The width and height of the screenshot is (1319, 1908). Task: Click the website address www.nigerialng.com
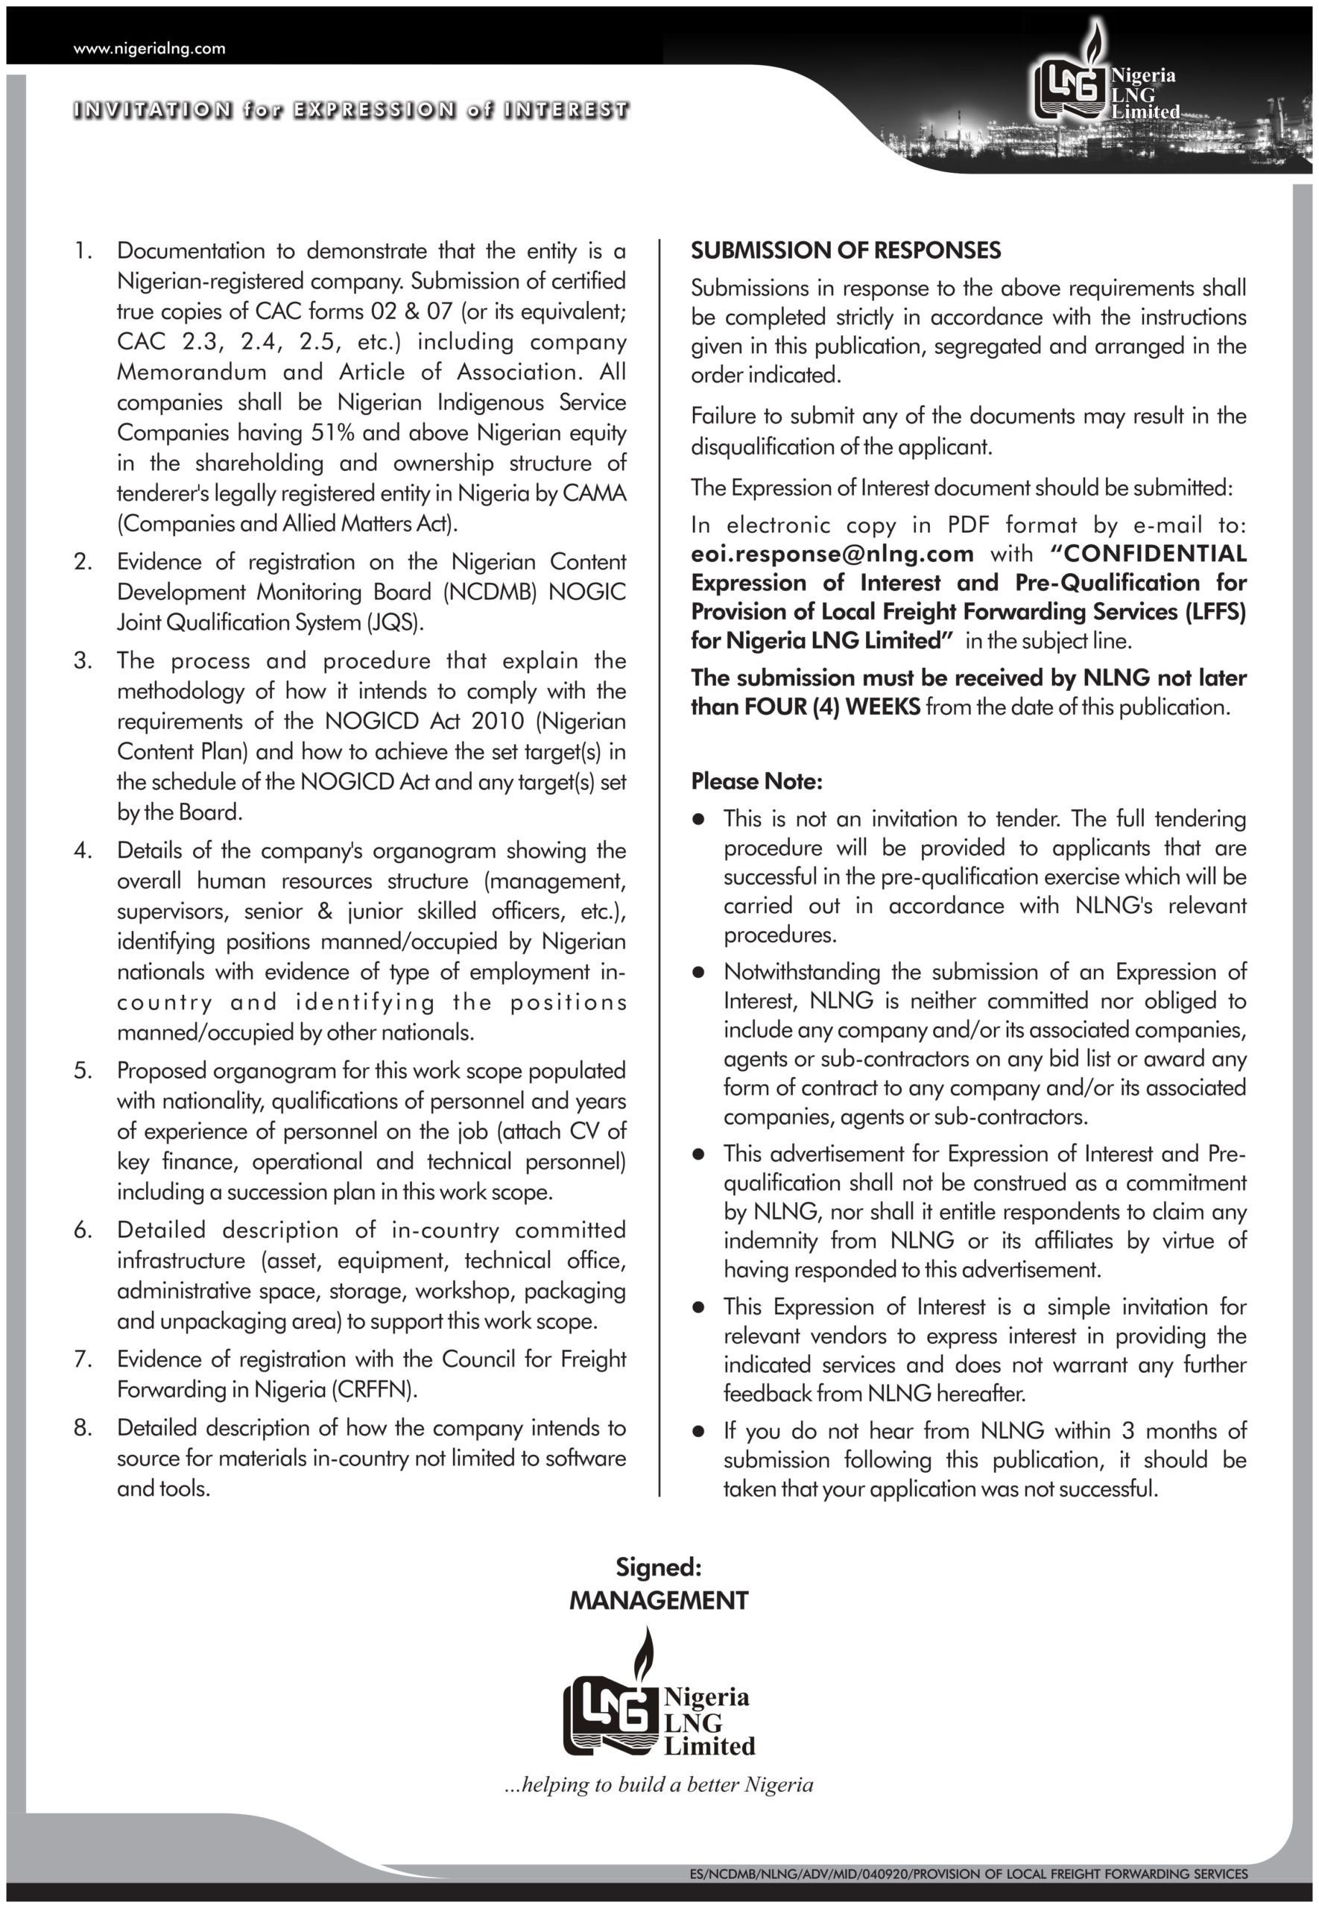click(x=149, y=48)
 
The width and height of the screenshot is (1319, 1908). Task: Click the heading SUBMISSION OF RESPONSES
click(x=846, y=250)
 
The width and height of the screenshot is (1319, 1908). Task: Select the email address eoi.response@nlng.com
click(x=832, y=554)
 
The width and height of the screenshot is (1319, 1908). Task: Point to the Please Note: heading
click(x=756, y=781)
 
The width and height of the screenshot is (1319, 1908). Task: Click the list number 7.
click(x=83, y=1359)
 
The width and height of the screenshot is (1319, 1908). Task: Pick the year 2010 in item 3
click(x=498, y=721)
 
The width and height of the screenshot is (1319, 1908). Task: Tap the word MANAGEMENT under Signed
click(x=658, y=1601)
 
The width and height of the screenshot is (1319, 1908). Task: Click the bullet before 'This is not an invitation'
click(x=698, y=819)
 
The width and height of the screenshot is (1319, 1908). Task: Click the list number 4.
click(x=83, y=850)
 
